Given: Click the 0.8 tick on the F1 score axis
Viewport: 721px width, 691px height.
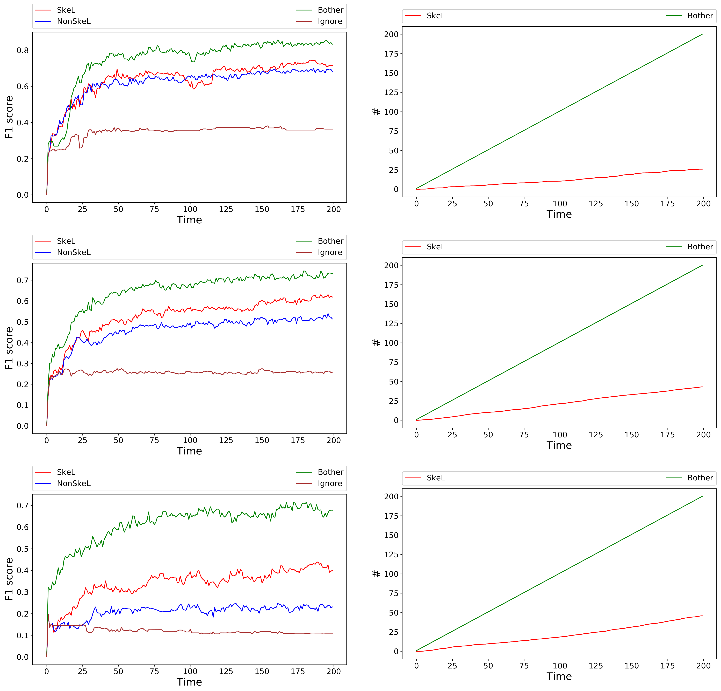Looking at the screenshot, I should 23,50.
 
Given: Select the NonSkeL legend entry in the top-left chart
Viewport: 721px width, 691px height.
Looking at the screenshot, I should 74,21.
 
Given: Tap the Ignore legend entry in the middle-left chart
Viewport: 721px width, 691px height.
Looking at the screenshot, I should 330,253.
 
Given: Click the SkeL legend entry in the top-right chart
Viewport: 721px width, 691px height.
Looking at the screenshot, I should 436,16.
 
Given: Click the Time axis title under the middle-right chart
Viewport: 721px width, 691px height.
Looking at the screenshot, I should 559,445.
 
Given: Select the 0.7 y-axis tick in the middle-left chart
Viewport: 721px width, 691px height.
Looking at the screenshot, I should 23,281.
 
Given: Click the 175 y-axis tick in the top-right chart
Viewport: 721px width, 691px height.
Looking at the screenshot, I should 391,54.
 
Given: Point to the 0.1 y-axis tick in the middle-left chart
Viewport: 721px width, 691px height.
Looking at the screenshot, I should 23,405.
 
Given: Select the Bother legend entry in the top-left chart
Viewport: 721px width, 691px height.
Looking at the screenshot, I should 330,10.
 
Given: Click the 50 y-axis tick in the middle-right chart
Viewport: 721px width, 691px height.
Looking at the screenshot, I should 393,382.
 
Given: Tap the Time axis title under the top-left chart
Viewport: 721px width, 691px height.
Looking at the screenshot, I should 189,220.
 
